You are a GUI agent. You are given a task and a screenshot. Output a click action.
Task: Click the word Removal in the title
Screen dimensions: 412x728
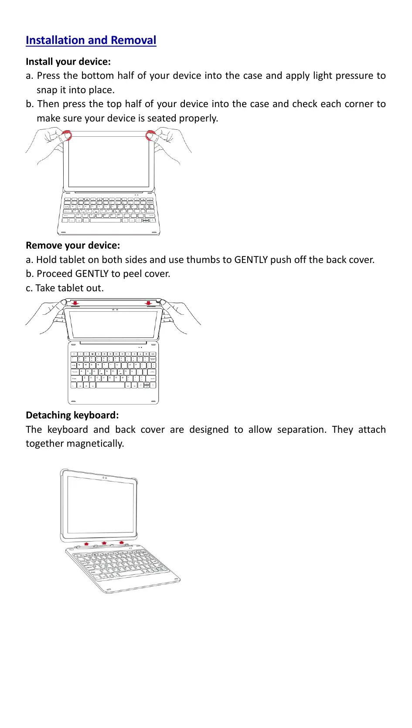point(133,40)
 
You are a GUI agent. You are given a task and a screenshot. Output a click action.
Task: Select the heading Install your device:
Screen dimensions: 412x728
point(68,61)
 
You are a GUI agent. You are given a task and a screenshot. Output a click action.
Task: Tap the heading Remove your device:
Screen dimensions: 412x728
point(73,245)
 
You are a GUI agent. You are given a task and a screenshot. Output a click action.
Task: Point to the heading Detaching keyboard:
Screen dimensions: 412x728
point(72,415)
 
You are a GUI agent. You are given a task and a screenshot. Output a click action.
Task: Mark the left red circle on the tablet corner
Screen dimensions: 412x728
point(66,135)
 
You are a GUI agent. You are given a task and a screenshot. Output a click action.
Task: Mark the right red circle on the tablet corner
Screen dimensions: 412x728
point(150,135)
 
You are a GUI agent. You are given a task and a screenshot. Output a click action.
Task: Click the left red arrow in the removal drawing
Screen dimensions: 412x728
point(75,303)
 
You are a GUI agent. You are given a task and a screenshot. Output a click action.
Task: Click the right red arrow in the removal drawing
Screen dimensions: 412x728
point(149,303)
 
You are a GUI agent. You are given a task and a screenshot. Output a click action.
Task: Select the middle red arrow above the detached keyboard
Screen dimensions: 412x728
point(104,543)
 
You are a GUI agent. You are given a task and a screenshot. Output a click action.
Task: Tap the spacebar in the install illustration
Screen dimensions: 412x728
point(105,220)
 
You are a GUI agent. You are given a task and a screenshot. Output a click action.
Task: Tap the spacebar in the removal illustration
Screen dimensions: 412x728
point(110,385)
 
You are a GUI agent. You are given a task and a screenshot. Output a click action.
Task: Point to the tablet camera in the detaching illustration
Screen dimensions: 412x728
point(104,478)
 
